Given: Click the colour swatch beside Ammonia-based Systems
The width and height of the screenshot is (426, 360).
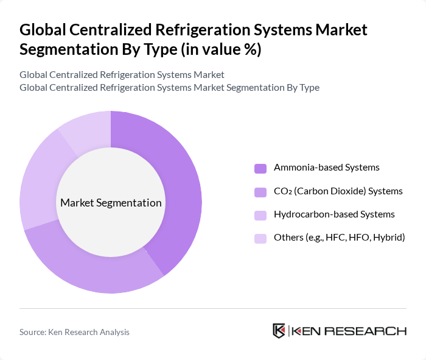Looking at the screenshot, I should point(260,168).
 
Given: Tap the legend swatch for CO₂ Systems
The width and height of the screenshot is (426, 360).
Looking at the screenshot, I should point(260,192).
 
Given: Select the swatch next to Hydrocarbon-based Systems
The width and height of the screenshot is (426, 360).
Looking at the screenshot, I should point(260,215).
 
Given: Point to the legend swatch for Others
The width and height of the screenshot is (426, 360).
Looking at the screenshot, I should point(260,238).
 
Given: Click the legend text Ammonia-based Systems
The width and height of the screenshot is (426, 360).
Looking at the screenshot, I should point(326,168).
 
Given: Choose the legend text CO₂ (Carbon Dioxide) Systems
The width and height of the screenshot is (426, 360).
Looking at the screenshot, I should point(338,191).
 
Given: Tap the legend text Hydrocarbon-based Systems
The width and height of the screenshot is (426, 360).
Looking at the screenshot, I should point(334,214).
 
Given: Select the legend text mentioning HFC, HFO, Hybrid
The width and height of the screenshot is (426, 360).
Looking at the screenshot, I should point(339,238).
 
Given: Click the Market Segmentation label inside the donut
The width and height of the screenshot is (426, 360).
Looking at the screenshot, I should point(111,203).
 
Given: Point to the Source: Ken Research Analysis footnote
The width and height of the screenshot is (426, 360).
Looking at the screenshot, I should point(74,332).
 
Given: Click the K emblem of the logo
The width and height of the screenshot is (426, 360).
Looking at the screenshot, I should point(279,331).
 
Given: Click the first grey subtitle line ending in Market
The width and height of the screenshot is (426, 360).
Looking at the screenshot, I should point(122,74).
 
